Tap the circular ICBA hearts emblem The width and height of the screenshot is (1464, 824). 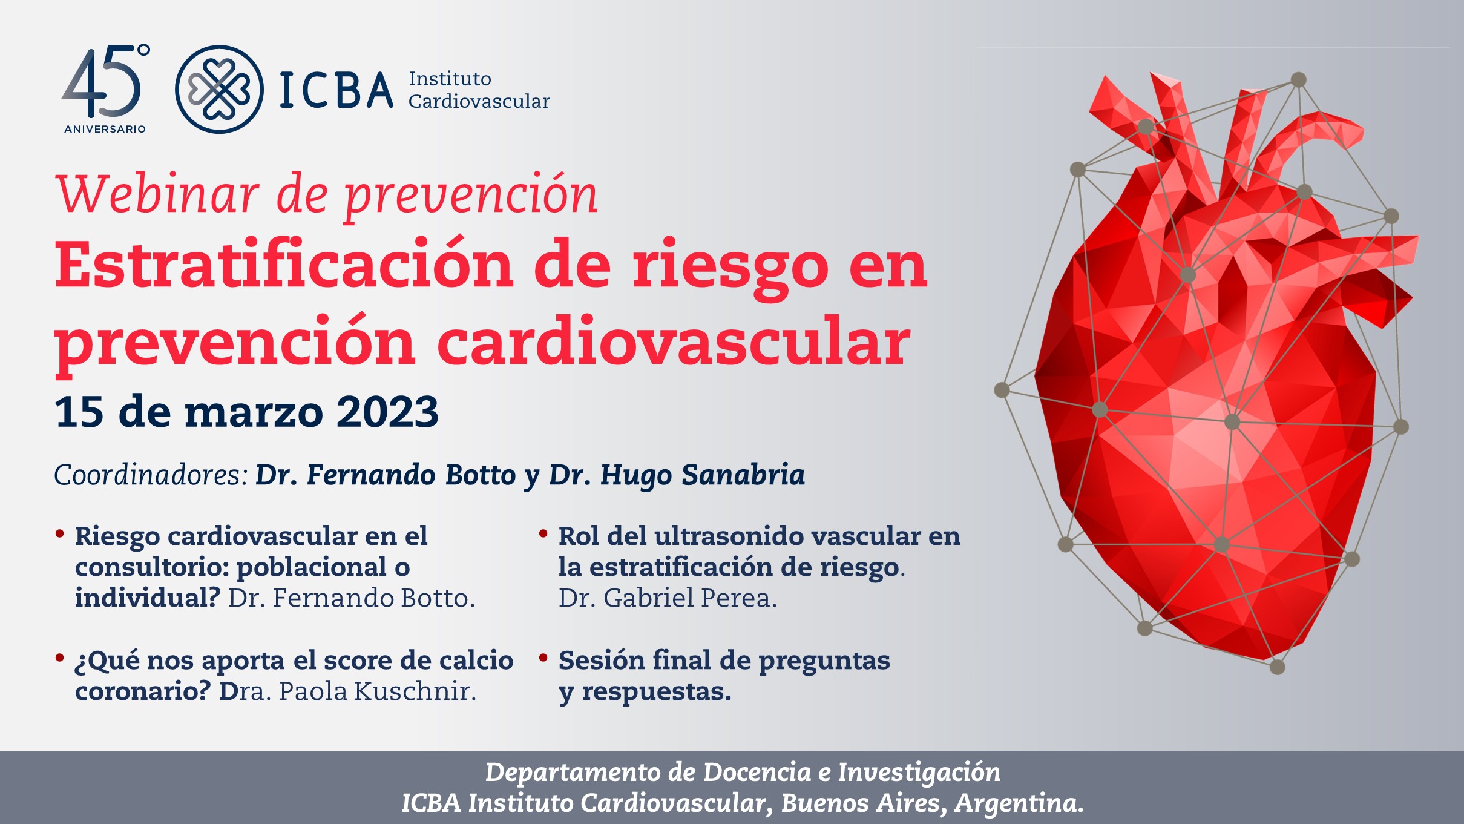[219, 90]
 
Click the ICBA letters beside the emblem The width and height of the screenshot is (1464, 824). [336, 91]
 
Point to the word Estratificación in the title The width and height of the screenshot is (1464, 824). [284, 266]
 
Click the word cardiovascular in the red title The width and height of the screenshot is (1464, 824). [673, 342]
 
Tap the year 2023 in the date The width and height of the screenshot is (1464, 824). [387, 412]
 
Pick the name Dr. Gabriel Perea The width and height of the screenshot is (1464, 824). [667, 598]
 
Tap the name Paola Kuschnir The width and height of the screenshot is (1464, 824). [376, 691]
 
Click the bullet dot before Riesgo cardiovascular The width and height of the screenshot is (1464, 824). [60, 533]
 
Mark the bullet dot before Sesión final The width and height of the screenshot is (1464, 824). [543, 658]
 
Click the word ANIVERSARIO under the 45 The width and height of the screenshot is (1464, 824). [105, 129]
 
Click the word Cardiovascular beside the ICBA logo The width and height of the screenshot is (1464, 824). [479, 101]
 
